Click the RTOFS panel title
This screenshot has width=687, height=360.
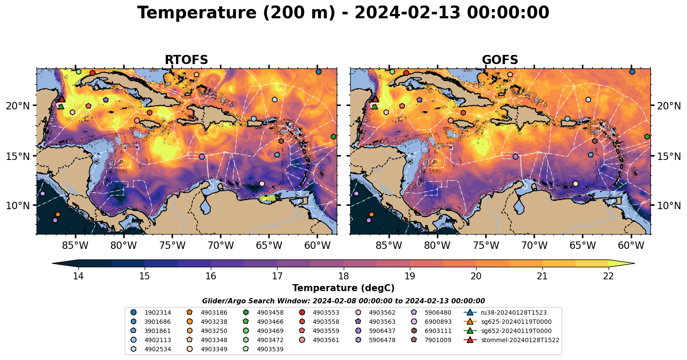click(186, 60)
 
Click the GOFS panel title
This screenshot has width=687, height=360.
click(500, 60)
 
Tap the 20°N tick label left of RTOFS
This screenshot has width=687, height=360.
click(18, 106)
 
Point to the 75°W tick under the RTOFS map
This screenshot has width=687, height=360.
click(172, 245)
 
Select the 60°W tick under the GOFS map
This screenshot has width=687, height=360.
click(631, 245)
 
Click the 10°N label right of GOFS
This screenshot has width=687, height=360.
click(669, 206)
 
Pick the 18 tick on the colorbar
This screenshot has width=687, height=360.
click(343, 276)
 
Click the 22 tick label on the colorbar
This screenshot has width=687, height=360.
click(608, 276)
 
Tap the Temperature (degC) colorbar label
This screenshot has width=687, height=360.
click(343, 288)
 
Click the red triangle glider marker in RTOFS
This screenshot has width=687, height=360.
click(61, 99)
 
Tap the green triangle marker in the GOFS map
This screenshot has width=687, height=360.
click(375, 106)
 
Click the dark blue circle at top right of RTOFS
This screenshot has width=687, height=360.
click(318, 72)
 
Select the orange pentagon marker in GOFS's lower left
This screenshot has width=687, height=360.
click(371, 214)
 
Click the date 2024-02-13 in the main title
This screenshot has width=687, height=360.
click(407, 13)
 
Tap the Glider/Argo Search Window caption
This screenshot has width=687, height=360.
click(343, 301)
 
